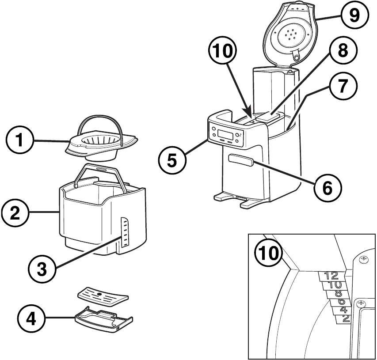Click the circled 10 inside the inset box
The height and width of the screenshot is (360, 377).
coord(269,253)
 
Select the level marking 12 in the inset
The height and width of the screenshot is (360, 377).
coord(331,276)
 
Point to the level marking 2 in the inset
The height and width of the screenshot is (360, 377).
coord(346,318)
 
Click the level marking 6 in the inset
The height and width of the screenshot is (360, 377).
coord(341,302)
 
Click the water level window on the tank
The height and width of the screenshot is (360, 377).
coord(125,232)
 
